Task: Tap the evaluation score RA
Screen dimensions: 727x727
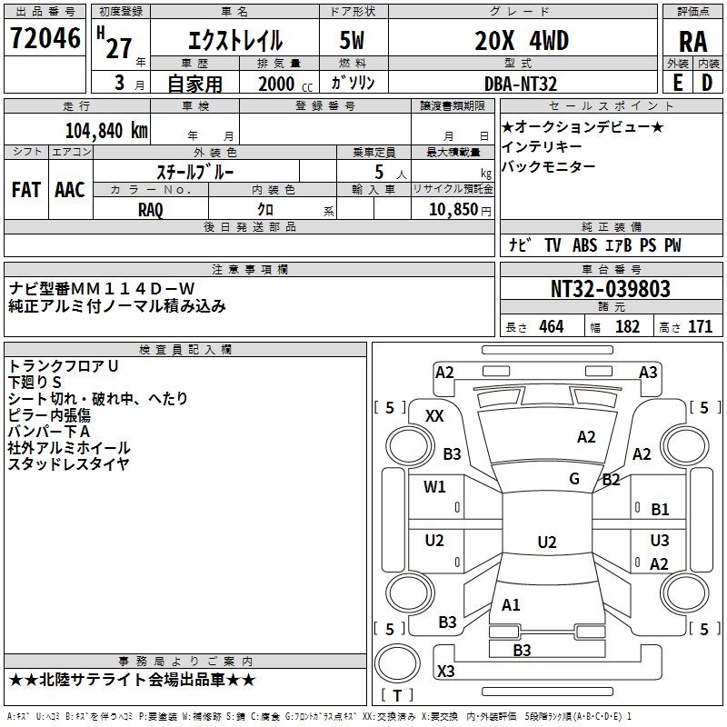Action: [692, 41]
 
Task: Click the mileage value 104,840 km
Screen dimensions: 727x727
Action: [107, 129]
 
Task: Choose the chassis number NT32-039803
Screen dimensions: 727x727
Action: [611, 289]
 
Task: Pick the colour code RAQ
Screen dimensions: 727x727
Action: [151, 208]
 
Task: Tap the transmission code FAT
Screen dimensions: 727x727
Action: [25, 189]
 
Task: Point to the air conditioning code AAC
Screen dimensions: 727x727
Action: [69, 189]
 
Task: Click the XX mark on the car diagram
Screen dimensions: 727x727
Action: [434, 415]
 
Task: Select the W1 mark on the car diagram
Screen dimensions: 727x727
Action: [434, 487]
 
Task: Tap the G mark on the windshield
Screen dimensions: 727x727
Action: [574, 479]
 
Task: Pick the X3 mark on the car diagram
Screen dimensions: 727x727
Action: [446, 671]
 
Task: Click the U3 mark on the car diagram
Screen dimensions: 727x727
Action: [660, 540]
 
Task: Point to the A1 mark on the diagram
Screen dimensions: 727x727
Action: [511, 604]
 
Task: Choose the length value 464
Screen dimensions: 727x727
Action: [551, 327]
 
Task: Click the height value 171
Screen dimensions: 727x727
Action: [701, 327]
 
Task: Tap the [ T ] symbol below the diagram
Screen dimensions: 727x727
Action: [397, 696]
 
